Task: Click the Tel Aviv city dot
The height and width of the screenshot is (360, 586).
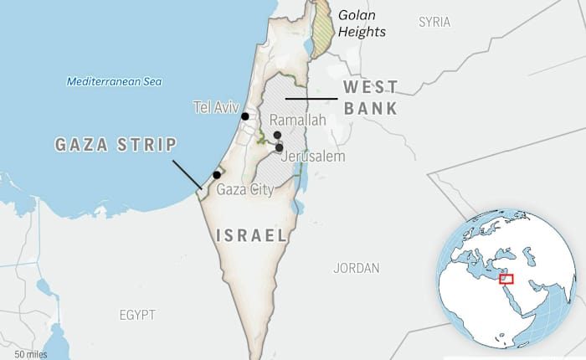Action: (245, 117)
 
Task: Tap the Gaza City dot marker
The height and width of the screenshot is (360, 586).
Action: (217, 175)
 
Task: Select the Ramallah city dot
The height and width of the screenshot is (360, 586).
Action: (277, 135)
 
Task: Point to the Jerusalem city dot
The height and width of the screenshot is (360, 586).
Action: (280, 147)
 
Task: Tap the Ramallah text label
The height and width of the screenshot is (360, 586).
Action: (297, 121)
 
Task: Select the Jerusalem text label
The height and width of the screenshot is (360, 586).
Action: (313, 157)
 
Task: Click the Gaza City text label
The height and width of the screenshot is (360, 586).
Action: (245, 190)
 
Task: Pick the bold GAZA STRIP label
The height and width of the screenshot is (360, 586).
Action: (116, 145)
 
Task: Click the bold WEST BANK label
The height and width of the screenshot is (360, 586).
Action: (370, 97)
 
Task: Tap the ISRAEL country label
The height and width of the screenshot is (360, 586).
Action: (251, 235)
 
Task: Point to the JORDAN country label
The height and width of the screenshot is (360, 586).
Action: (357, 269)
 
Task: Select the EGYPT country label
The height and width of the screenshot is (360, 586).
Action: (136, 315)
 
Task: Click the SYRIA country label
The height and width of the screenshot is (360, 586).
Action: (434, 22)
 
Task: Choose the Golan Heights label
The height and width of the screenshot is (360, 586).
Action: (362, 23)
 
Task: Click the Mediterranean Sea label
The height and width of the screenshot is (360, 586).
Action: (114, 81)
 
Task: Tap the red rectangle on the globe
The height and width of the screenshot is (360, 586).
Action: (506, 279)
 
